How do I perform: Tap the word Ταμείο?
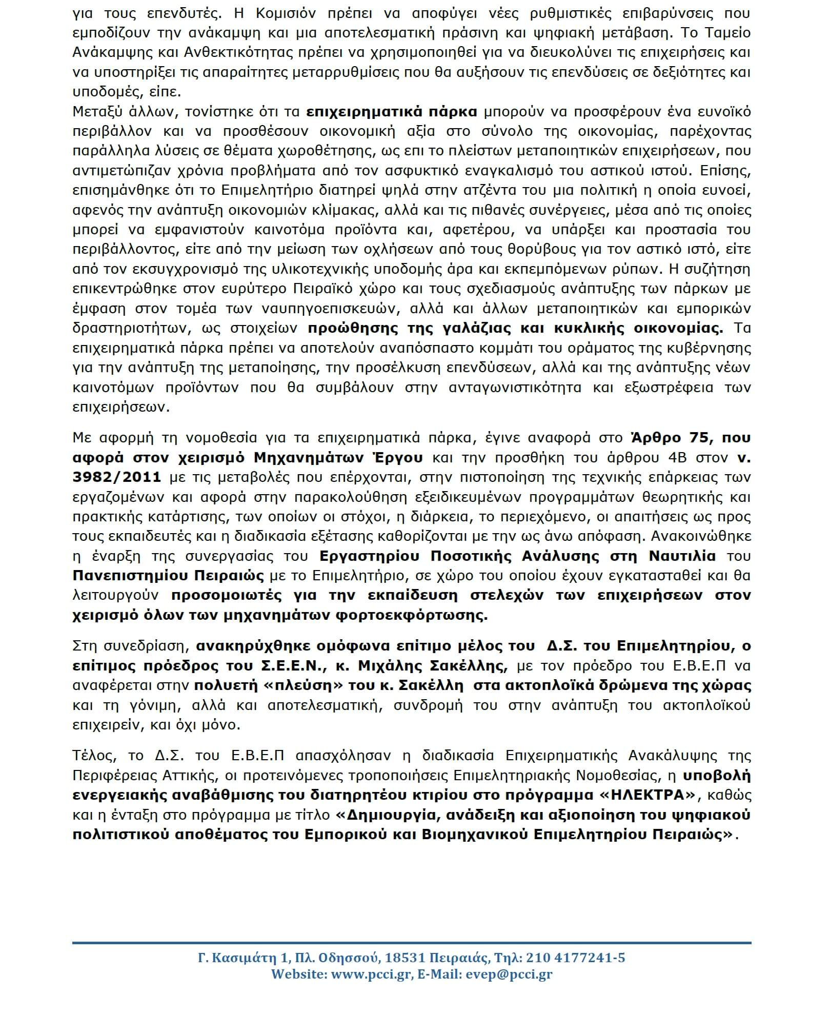point(725,33)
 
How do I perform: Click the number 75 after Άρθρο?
point(691,438)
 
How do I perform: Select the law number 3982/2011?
point(116,477)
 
